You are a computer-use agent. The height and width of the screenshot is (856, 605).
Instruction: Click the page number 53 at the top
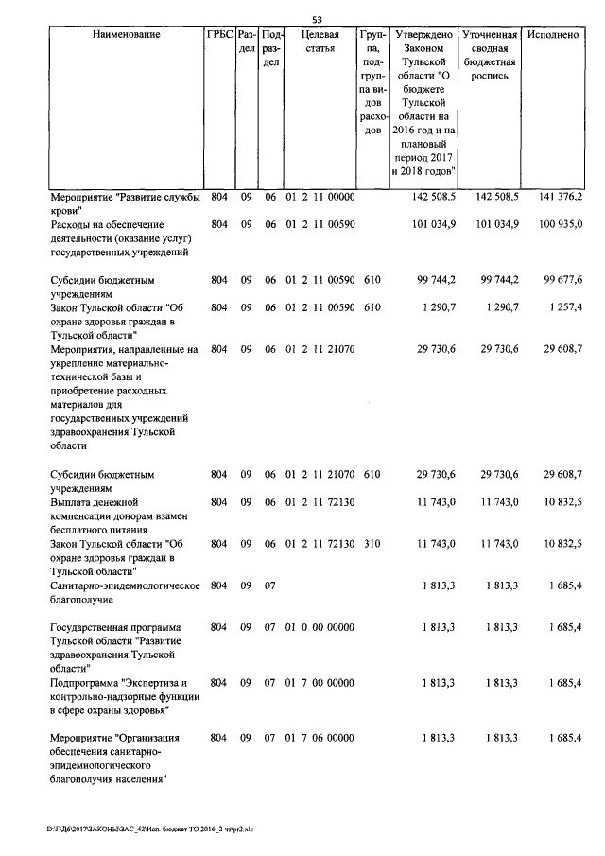[x=317, y=20]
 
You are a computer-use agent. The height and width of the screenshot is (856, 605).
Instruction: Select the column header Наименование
[x=126, y=35]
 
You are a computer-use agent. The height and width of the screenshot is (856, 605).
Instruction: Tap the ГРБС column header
[x=219, y=35]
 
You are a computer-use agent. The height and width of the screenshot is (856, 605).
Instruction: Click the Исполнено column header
[x=554, y=35]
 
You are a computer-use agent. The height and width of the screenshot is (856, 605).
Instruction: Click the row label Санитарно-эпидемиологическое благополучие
[x=124, y=592]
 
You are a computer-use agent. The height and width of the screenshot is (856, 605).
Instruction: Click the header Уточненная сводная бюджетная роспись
[x=488, y=55]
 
